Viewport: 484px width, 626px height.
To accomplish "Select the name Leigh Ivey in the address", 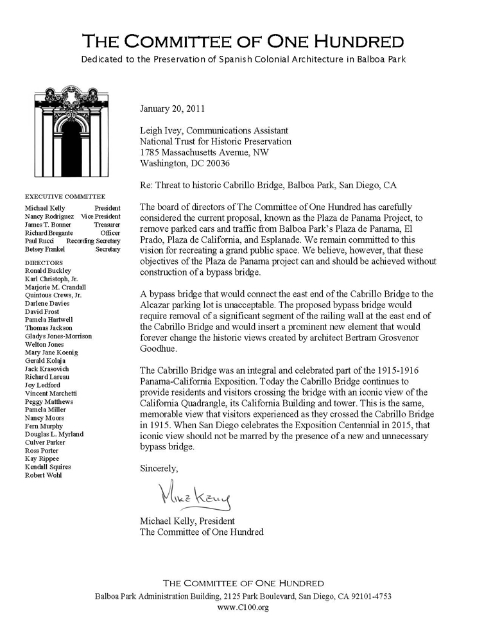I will tap(162, 130).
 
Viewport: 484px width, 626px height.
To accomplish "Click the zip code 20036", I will tap(215, 164).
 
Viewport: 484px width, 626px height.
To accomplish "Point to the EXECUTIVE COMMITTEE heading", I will tap(65, 196).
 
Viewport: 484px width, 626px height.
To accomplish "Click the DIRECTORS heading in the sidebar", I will tap(44, 263).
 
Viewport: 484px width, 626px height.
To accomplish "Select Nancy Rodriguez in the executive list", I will tap(49, 217).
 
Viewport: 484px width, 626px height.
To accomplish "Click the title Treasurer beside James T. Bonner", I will tap(107, 225).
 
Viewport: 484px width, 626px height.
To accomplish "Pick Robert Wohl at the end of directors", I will tap(44, 475).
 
